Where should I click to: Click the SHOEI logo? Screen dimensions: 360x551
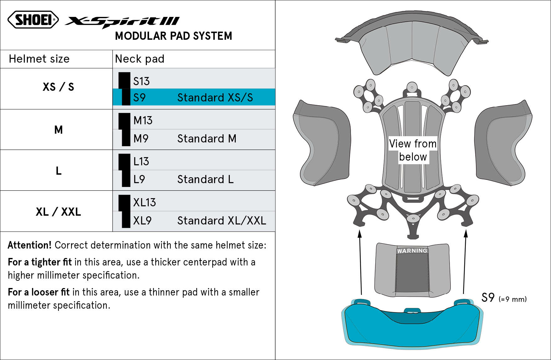tap(33, 20)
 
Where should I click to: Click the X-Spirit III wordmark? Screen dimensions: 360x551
tap(122, 21)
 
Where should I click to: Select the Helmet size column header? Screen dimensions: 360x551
tap(39, 59)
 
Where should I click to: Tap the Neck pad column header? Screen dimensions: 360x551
tap(140, 59)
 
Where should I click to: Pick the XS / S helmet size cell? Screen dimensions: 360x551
tap(58, 87)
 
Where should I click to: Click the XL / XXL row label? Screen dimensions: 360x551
tap(58, 212)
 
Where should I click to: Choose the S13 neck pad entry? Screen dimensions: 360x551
tap(141, 81)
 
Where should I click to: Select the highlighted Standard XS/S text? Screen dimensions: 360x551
tap(215, 98)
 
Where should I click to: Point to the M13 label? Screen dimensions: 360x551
tap(143, 121)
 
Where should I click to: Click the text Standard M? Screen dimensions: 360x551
tap(207, 139)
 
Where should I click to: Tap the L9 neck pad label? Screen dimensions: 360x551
tap(139, 179)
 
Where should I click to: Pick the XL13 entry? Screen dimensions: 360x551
tap(144, 203)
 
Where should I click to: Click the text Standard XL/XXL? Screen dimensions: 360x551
tap(222, 221)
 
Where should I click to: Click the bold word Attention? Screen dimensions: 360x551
tap(29, 245)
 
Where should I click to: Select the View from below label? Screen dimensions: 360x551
tap(413, 150)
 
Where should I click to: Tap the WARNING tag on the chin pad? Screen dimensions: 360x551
tap(412, 251)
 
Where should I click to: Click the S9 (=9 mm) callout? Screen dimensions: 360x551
tap(503, 298)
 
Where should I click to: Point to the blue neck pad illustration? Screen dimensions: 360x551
tap(412, 329)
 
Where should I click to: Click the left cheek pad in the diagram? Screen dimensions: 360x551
tap(322, 144)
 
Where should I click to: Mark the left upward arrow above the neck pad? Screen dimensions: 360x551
tap(361, 263)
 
